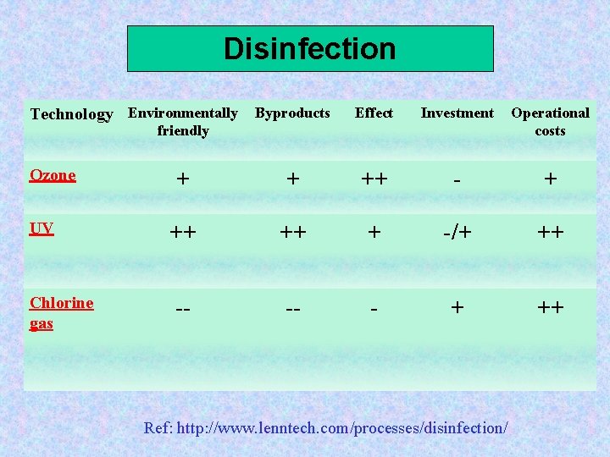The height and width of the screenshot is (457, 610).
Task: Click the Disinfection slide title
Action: (x=309, y=49)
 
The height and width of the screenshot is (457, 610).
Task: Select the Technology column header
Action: (x=71, y=114)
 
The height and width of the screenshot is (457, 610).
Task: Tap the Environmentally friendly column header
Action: (x=182, y=122)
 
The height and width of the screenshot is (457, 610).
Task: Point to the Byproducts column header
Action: (x=292, y=113)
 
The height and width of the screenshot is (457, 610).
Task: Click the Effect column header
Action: (x=374, y=113)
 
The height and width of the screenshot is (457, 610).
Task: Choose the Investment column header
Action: (x=457, y=113)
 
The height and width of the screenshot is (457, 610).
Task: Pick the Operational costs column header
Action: (x=550, y=122)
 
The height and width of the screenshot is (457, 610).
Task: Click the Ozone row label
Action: (x=53, y=175)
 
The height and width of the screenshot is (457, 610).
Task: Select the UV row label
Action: (x=42, y=228)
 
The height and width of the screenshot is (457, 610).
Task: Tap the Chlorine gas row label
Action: (x=61, y=312)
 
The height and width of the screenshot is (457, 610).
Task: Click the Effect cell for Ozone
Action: (x=374, y=179)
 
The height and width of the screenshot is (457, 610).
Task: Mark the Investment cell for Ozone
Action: (x=457, y=179)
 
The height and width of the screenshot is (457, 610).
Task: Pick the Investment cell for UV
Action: (x=457, y=232)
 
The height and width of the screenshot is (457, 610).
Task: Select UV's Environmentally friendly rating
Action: (x=182, y=232)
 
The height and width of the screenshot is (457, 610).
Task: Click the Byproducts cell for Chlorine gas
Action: (x=292, y=308)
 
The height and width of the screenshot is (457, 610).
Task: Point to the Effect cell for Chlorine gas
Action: (x=374, y=308)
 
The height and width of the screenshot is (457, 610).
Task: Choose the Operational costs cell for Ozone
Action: (x=550, y=179)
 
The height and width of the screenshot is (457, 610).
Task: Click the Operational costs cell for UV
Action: (x=550, y=232)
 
